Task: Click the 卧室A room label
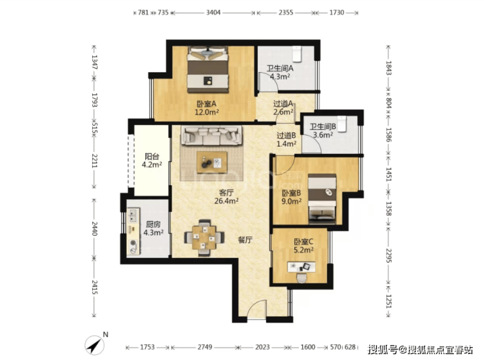pos(207,104)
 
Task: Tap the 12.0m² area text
pos(207,112)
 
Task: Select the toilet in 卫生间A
pos(297,54)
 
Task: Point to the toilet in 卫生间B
pos(341,124)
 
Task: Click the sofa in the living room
pos(211,135)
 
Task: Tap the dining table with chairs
pos(203,238)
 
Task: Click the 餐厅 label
pos(245,240)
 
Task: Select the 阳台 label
pos(152,156)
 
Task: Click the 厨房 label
pos(154,224)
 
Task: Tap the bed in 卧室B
pos(322,199)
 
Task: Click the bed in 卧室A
pos(208,69)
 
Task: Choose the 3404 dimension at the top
pos(213,12)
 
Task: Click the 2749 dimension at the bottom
pos(205,348)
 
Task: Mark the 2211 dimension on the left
pos(94,161)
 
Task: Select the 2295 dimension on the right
pos(389,255)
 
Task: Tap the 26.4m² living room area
pos(226,201)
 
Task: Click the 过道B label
pos(286,135)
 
